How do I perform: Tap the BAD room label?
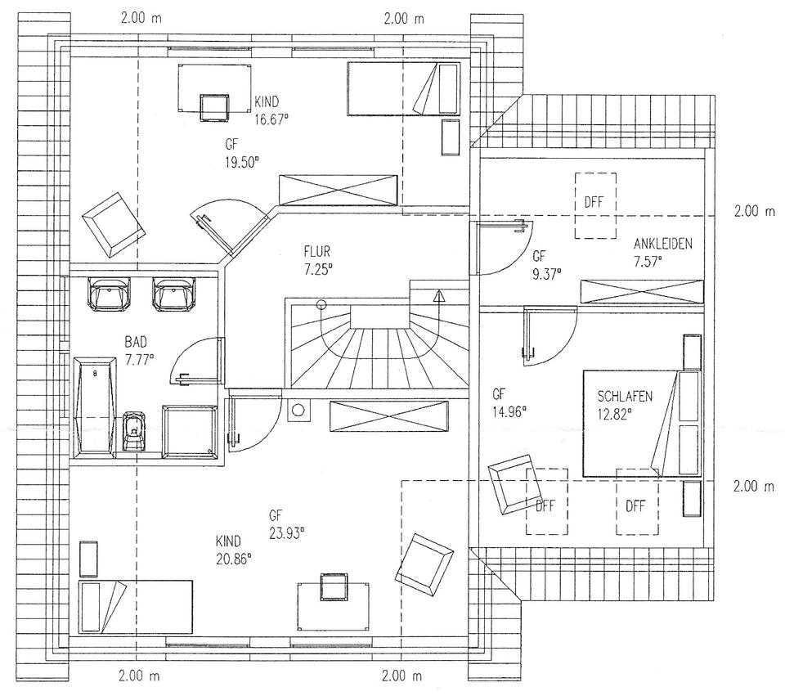pyautogui.click(x=137, y=342)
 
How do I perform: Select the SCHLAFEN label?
pyautogui.click(x=626, y=397)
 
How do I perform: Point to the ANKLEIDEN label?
pyautogui.click(x=663, y=244)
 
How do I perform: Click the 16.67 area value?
pyautogui.click(x=272, y=116)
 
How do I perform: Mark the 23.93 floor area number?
pyautogui.click(x=285, y=532)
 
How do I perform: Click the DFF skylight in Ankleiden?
pyautogui.click(x=594, y=204)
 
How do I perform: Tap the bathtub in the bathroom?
pyautogui.click(x=96, y=405)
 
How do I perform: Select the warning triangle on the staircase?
pyautogui.click(x=439, y=296)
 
